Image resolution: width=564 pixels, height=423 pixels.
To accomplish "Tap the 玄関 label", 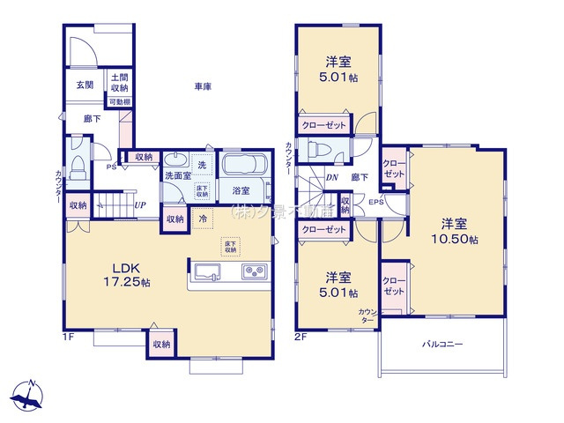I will coord(84,85).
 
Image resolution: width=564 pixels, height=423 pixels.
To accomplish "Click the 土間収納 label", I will coord(120,84).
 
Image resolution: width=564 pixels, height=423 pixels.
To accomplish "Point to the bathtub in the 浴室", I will coord(245,166).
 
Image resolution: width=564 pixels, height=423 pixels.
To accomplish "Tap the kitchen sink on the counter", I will coord(209,271).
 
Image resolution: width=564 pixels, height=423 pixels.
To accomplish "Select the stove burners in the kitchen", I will coord(255,271).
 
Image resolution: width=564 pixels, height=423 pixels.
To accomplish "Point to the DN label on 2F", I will coord(331,177).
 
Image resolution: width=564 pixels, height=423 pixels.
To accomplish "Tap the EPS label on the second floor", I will coord(375,203).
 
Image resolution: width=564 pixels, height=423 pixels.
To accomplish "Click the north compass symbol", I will coord(30,394).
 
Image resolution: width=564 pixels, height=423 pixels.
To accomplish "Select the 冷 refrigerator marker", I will coord(203,218).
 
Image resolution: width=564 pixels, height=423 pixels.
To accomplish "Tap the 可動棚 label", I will coord(120,102).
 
